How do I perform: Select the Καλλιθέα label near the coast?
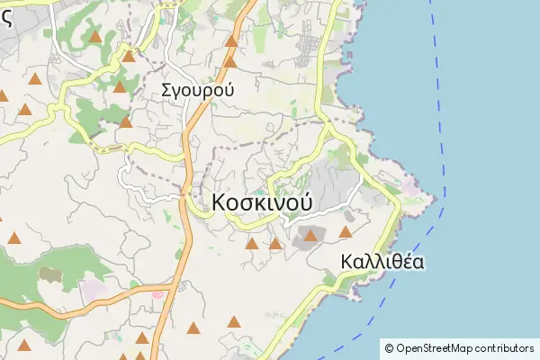(382, 262)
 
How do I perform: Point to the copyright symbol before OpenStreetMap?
(389, 347)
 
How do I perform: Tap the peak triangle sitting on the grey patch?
(310, 236)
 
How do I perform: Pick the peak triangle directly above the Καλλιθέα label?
(345, 232)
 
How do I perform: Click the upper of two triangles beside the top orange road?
(231, 40)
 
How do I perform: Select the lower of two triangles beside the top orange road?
(229, 62)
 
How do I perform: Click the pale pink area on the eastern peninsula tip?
(410, 184)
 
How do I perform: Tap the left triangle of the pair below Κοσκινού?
(252, 243)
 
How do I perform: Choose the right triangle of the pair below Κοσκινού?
(274, 243)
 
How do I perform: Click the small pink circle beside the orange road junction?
(158, 294)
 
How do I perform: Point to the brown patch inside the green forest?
(49, 273)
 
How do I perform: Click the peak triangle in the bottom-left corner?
(24, 345)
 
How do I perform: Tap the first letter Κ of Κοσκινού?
(220, 202)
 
